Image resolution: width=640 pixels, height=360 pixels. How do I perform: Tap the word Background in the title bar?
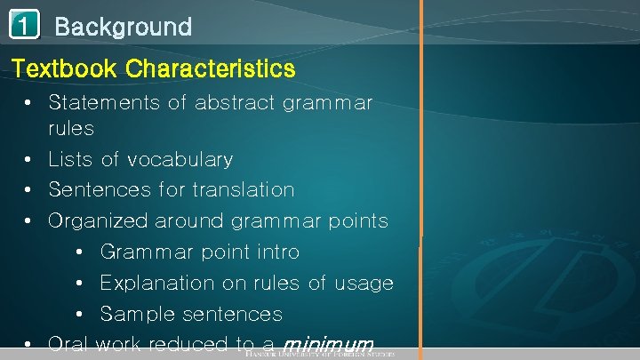123,27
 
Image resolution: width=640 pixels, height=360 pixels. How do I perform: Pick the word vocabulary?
180,160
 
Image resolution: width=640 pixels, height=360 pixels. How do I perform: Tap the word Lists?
70,160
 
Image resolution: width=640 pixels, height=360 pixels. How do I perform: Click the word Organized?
99,221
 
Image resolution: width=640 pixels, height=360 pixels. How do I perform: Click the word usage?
364,284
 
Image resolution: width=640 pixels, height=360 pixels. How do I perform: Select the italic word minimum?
327,345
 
